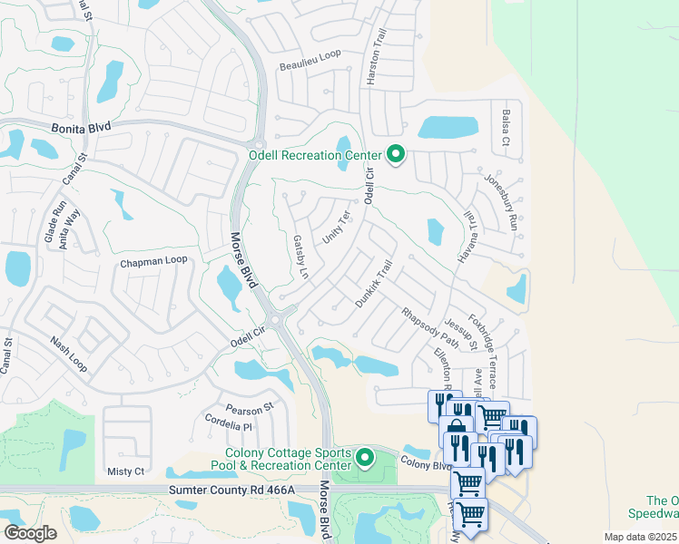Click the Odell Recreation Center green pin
click(395, 155)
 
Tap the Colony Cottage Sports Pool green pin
click(365, 458)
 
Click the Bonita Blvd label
click(81, 129)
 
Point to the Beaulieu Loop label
click(310, 54)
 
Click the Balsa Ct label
click(506, 129)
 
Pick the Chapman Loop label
click(153, 261)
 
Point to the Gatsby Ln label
click(300, 257)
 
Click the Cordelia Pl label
click(228, 426)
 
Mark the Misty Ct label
click(125, 471)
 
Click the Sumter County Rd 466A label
click(232, 490)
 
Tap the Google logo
click(30, 533)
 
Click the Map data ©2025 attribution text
click(640, 538)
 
